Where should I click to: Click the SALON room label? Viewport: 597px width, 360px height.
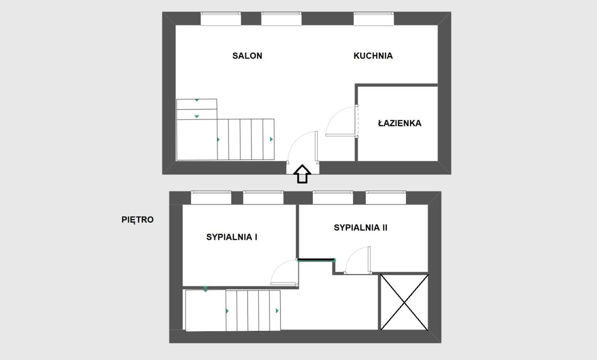(247, 56)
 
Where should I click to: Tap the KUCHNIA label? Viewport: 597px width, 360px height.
(373, 56)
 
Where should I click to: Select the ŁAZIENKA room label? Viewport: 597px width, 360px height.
(399, 123)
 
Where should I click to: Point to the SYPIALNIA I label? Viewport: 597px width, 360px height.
(232, 237)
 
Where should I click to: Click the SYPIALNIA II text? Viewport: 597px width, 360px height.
(360, 228)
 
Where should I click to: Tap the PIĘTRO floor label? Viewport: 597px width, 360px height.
(137, 220)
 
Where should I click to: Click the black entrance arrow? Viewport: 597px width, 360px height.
(302, 174)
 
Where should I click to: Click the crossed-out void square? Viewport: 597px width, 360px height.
(404, 302)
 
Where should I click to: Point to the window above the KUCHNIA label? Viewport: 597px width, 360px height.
(374, 18)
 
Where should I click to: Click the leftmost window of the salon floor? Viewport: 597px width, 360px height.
(221, 18)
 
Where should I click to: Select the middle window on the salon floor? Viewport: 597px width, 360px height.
(281, 18)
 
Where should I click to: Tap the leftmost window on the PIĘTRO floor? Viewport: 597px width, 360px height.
(211, 198)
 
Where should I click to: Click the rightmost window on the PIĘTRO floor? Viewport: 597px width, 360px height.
(386, 198)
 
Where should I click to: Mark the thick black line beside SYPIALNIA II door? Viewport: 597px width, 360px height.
(316, 260)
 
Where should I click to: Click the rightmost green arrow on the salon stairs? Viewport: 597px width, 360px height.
(271, 139)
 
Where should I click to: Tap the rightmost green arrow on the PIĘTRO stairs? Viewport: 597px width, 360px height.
(277, 311)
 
